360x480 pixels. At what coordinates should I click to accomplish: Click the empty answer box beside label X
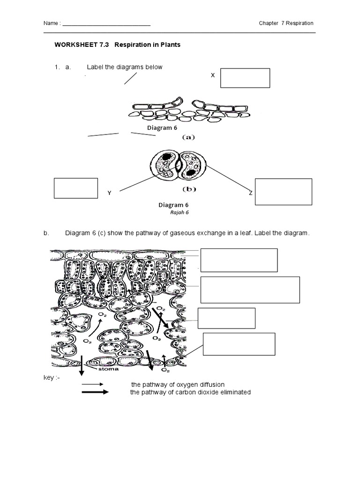(245, 78)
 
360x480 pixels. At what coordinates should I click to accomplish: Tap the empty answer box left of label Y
(76, 188)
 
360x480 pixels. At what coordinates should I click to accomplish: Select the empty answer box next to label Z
(284, 192)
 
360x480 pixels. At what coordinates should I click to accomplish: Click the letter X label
(213, 75)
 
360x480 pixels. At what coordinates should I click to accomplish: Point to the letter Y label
(109, 193)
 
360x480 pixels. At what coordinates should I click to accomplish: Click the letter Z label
(251, 193)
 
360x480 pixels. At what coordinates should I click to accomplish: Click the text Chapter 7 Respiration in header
(286, 23)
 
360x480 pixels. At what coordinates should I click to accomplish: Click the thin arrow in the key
(95, 385)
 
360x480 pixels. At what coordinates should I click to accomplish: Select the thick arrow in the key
(95, 392)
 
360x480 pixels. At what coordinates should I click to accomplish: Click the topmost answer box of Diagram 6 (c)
(239, 260)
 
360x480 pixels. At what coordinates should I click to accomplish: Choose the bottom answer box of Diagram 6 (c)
(239, 344)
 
